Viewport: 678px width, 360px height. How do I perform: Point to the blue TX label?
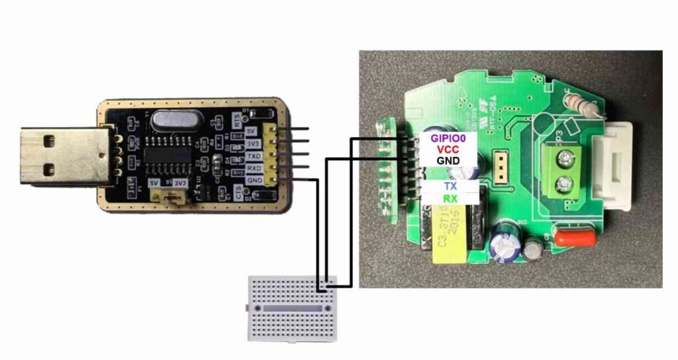point(450,187)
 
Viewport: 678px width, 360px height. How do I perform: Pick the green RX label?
point(450,199)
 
